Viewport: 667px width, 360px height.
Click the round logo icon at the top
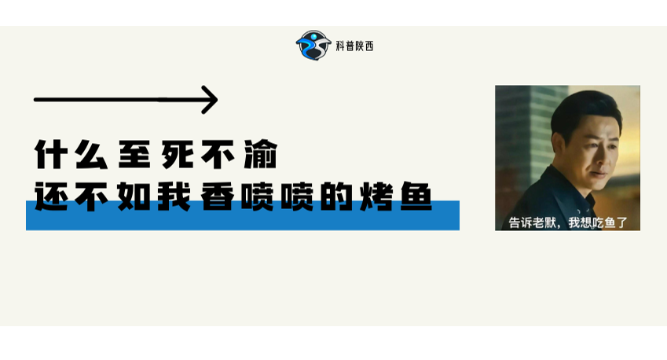313,45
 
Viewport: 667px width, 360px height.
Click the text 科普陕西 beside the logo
354,46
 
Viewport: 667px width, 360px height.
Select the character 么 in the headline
91,155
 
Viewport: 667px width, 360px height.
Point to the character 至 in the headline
134,155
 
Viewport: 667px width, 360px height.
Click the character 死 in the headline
177,155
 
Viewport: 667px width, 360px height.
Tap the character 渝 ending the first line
260,155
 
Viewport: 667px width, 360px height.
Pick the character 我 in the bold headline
174,197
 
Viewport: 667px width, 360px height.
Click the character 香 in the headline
218,197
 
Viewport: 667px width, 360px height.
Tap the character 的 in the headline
336,197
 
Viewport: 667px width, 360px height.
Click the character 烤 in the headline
376,197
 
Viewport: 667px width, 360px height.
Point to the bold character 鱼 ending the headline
417,197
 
